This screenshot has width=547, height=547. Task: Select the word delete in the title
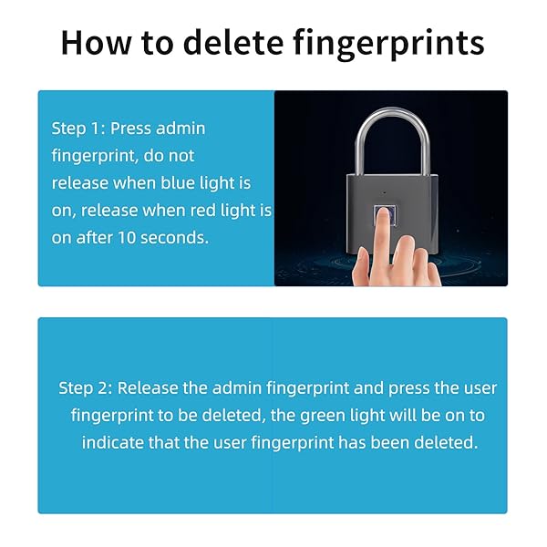[x=233, y=43]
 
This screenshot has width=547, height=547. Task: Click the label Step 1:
[x=78, y=129]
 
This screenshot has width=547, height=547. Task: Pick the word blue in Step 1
[x=177, y=183]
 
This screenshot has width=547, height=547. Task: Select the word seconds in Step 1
[x=174, y=238]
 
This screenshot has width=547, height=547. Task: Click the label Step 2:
[x=86, y=388]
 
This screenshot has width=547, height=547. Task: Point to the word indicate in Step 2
[x=113, y=443]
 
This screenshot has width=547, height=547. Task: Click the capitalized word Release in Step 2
[x=148, y=388]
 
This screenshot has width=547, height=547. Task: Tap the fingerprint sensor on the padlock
[x=385, y=216]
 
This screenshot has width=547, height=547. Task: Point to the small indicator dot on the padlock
[x=385, y=192]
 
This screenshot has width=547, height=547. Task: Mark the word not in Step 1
[x=181, y=156]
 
